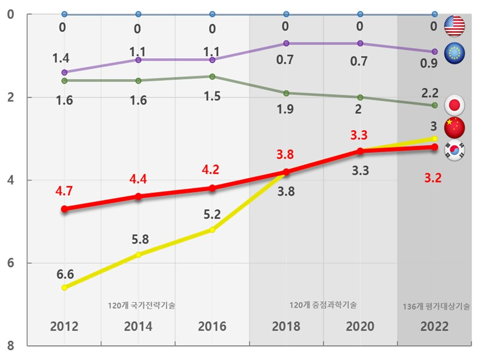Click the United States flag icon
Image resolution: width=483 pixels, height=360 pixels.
pyautogui.click(x=454, y=25)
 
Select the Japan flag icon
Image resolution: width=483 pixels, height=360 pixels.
pyautogui.click(x=454, y=105)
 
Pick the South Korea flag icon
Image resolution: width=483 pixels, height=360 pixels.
pyautogui.click(x=454, y=150)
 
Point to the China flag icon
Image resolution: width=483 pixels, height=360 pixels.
pyautogui.click(x=454, y=127)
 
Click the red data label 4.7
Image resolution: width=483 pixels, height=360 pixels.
pyautogui.click(x=64, y=190)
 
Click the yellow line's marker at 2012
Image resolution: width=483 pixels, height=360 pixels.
pyautogui.click(x=64, y=287)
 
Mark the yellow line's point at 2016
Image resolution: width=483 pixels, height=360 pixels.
pyautogui.click(x=212, y=229)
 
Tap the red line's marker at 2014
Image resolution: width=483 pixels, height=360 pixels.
pyautogui.click(x=138, y=196)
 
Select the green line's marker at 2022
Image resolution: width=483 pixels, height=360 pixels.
pyautogui.click(x=434, y=105)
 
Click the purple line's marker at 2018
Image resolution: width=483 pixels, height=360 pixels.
pyautogui.click(x=286, y=43)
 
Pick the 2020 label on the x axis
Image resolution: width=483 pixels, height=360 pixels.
pyautogui.click(x=360, y=327)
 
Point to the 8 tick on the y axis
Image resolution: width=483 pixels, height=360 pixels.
pyautogui.click(x=11, y=346)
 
